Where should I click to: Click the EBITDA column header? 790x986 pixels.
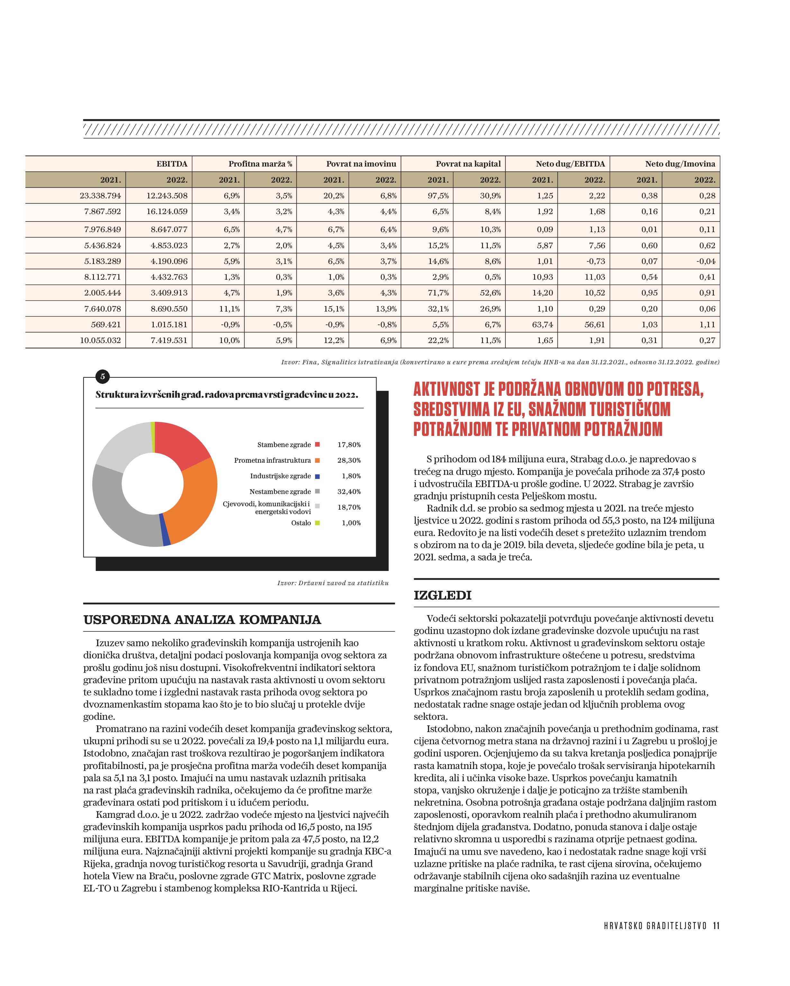pos(172,164)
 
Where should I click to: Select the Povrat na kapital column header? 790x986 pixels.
pos(468,164)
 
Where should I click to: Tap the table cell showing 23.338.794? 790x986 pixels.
pos(100,196)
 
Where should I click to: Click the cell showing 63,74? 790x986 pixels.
pos(542,325)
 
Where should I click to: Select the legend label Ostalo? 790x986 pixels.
pos(301,523)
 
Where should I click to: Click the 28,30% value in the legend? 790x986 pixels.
pos(349,460)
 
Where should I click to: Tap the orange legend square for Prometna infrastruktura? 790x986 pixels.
pos(317,460)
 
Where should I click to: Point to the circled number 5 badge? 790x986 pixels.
pos(103,377)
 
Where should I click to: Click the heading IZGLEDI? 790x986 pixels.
pos(442,595)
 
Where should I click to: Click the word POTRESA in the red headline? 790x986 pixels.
pos(675,389)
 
